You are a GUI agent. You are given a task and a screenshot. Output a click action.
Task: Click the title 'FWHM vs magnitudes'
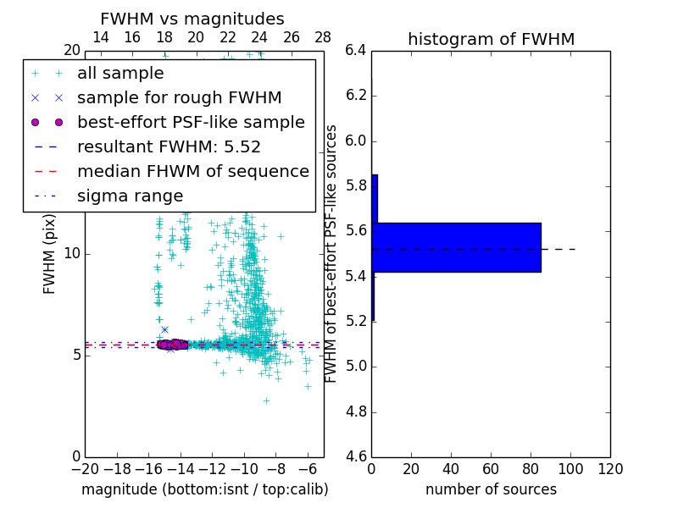pyautogui.click(x=192, y=19)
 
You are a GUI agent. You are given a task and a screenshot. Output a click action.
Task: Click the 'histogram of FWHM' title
pyautogui.click(x=491, y=39)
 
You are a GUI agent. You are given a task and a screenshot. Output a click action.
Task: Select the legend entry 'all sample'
pyautogui.click(x=120, y=74)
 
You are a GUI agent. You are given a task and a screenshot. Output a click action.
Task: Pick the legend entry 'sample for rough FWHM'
pyautogui.click(x=179, y=97)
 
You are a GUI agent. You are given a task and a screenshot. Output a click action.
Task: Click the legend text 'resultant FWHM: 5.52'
pyautogui.click(x=169, y=146)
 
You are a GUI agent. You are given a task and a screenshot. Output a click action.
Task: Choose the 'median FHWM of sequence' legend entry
pyautogui.click(x=192, y=171)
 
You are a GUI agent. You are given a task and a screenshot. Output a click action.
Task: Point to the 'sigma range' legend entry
pyautogui.click(x=130, y=196)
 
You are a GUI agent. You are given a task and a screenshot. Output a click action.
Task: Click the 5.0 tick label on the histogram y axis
pyautogui.click(x=356, y=367)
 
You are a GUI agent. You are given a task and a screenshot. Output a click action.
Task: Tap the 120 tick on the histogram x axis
pyautogui.click(x=610, y=469)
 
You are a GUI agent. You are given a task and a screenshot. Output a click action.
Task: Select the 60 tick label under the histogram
pyautogui.click(x=491, y=469)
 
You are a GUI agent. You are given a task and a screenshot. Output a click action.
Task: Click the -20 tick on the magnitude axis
pyautogui.click(x=85, y=469)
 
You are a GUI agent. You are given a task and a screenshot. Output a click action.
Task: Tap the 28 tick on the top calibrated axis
pyautogui.click(x=323, y=37)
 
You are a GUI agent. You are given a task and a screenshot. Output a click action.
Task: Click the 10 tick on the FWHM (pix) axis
pyautogui.click(x=71, y=254)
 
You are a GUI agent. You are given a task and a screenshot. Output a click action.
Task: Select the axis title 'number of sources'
pyautogui.click(x=491, y=489)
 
